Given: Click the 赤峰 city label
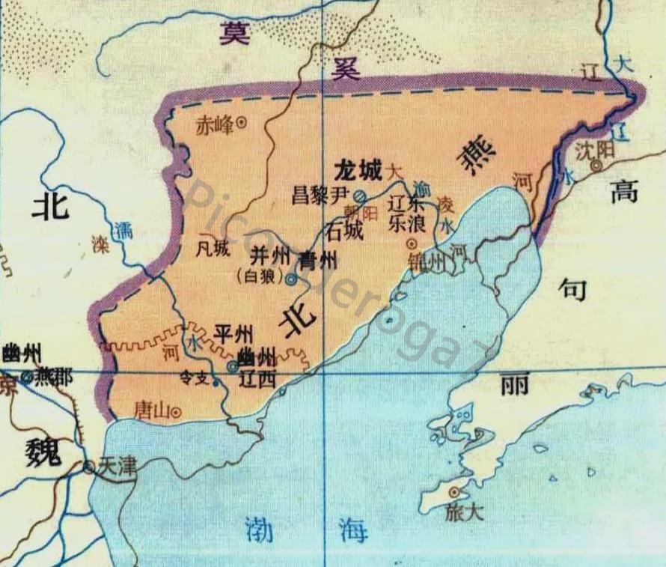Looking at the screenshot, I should [214, 124].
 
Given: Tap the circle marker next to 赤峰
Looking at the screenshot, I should [242, 124].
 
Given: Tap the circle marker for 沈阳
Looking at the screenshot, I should [597, 166].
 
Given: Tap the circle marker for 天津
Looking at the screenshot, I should [89, 467].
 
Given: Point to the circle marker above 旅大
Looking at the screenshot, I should [453, 492].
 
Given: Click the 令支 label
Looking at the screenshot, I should [196, 379].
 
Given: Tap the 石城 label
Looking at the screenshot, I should [342, 232].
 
